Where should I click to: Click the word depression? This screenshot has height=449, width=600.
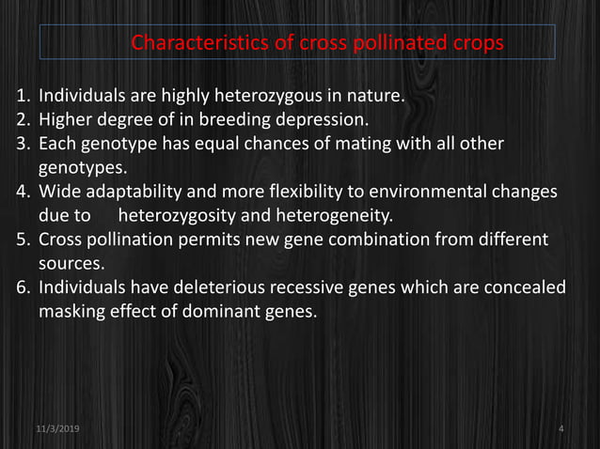pyautogui.click(x=323, y=119)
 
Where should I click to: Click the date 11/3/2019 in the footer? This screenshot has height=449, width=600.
pyautogui.click(x=57, y=428)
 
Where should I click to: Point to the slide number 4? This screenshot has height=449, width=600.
pyautogui.click(x=561, y=428)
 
